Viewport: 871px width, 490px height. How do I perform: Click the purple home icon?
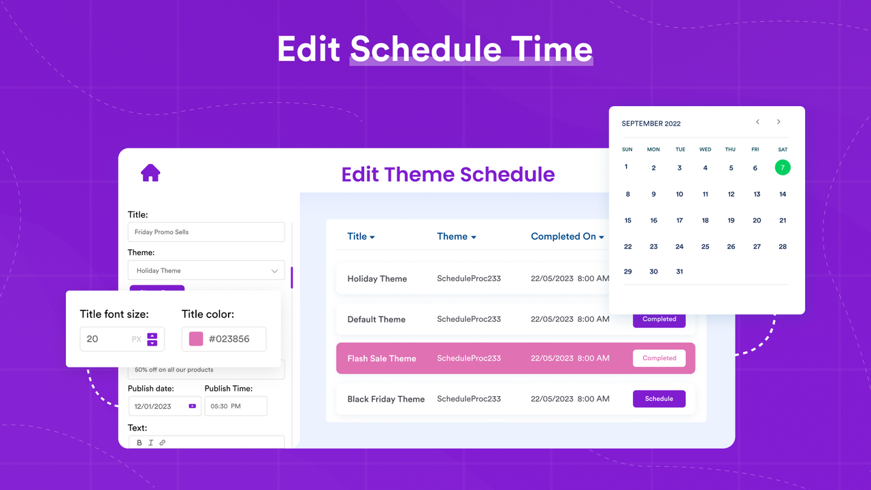(150, 173)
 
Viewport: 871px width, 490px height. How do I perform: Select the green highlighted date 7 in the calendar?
(783, 167)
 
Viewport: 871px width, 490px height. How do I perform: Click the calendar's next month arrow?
(778, 122)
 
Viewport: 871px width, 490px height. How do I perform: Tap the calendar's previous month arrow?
(757, 122)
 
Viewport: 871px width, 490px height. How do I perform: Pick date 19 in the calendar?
(731, 220)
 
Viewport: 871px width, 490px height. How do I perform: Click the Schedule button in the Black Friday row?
(659, 399)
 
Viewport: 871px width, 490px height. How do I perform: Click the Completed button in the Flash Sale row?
(659, 358)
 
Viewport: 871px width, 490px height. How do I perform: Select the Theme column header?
(456, 236)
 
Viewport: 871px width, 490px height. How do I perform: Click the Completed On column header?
(568, 236)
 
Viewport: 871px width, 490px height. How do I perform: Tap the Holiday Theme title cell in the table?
(377, 279)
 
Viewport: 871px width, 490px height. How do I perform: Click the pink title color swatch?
(196, 339)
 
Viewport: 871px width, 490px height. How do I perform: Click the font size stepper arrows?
(152, 339)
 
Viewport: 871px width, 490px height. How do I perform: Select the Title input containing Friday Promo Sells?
(206, 232)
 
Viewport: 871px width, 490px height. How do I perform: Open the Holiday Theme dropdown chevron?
(274, 271)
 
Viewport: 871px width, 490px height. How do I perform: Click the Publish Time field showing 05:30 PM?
(235, 406)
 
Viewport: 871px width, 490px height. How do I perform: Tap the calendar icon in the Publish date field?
(192, 406)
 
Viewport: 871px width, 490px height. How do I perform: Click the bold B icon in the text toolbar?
(139, 442)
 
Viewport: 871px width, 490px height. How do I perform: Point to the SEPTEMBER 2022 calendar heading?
(651, 124)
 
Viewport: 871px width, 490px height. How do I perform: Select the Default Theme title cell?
(376, 319)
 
